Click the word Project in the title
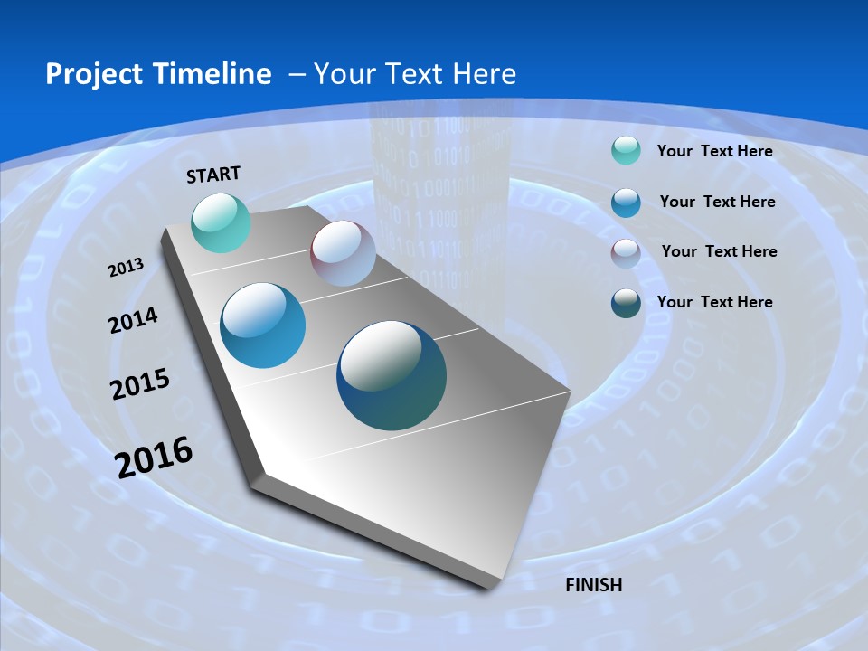(x=94, y=74)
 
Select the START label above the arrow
(x=213, y=175)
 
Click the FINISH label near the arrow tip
(x=593, y=585)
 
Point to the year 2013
(x=127, y=268)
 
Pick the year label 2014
(x=134, y=321)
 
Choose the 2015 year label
(x=140, y=383)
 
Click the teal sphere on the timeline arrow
(x=222, y=222)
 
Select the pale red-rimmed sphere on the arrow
(x=343, y=253)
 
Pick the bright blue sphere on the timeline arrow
(x=263, y=325)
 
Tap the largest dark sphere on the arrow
(x=392, y=375)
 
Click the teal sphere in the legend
(x=626, y=151)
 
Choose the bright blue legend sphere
(x=626, y=203)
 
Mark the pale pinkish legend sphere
(x=626, y=253)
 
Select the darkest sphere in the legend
(x=626, y=303)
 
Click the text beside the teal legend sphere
(x=714, y=151)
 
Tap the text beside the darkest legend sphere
(x=714, y=302)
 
